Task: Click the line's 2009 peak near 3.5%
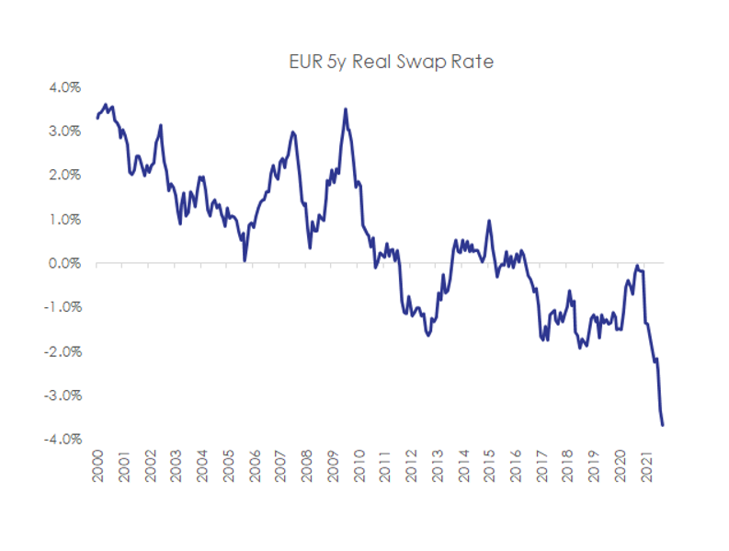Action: [346, 109]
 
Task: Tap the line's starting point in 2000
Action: [97, 118]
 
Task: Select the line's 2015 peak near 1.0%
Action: [489, 220]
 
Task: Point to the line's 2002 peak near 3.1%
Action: [161, 125]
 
